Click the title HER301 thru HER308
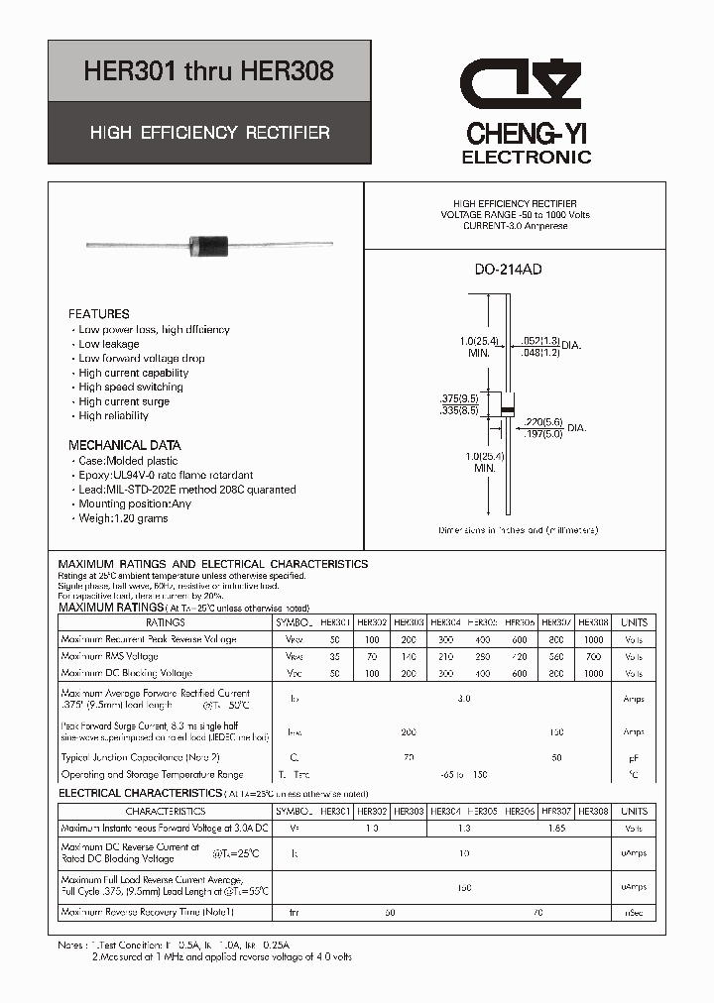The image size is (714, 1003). (x=208, y=71)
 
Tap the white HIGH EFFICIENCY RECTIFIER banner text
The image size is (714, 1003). (x=209, y=132)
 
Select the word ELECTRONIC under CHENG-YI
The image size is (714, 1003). (x=527, y=157)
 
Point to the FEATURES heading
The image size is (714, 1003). (x=98, y=313)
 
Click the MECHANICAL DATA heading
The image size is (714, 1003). (x=124, y=445)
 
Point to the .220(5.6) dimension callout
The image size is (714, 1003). (x=543, y=421)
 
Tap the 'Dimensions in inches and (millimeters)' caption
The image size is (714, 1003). (x=518, y=530)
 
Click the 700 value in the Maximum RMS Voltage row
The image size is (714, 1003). (x=593, y=656)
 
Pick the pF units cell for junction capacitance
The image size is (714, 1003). (x=633, y=757)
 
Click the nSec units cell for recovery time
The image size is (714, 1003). (x=633, y=912)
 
